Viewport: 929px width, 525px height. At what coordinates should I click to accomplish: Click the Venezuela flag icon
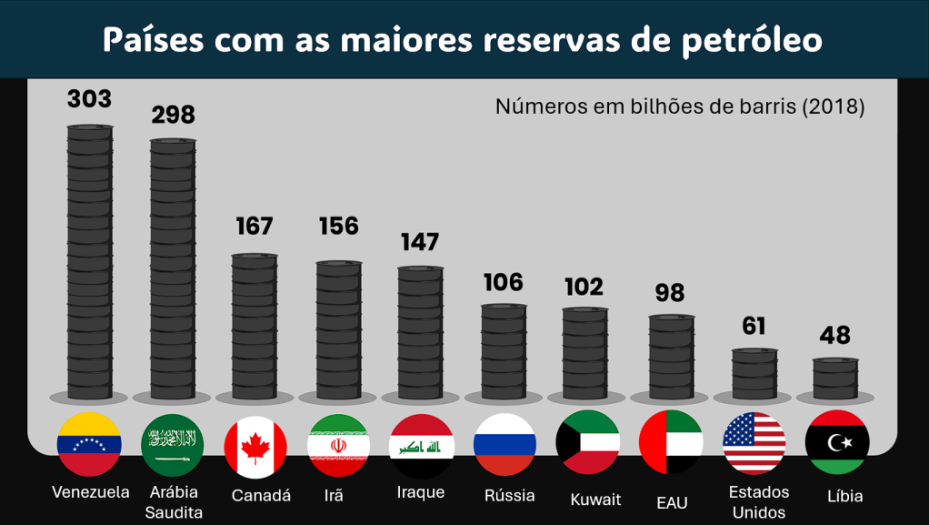pyautogui.click(x=89, y=444)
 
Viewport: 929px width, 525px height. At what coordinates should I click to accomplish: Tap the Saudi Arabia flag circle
pyautogui.click(x=173, y=444)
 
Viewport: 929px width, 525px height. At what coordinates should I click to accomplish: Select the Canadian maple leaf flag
pyautogui.click(x=255, y=446)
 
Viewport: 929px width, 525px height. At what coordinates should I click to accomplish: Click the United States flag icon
pyautogui.click(x=754, y=443)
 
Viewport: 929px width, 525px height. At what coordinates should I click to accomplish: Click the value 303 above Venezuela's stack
pyautogui.click(x=89, y=99)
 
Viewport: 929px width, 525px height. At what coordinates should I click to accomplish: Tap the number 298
pyautogui.click(x=173, y=115)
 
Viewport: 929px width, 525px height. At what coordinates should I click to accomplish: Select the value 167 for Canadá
pyautogui.click(x=255, y=227)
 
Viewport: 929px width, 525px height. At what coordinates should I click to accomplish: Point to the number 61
pyautogui.click(x=754, y=326)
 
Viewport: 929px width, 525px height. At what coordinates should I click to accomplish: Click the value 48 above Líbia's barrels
pyautogui.click(x=834, y=336)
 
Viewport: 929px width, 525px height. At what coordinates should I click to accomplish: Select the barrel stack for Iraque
pyautogui.click(x=421, y=333)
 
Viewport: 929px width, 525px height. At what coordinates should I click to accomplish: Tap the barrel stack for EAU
pyautogui.click(x=672, y=357)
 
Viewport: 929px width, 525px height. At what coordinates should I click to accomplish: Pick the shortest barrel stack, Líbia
pyautogui.click(x=835, y=379)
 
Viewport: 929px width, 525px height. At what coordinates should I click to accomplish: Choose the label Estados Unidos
pyautogui.click(x=759, y=501)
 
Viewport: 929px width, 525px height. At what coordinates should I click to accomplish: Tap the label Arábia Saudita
pyautogui.click(x=173, y=501)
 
